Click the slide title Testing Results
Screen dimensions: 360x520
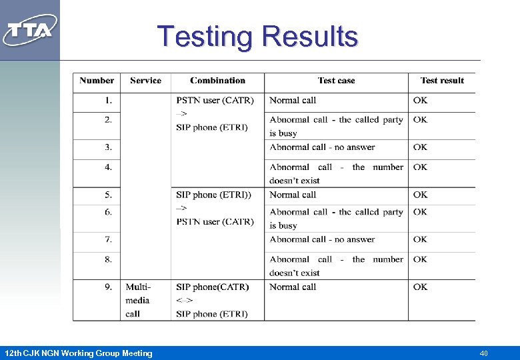[257, 36]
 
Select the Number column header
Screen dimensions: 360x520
[97, 81]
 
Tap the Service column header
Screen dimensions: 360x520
[145, 81]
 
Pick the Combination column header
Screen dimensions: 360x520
[217, 81]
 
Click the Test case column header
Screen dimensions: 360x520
[336, 81]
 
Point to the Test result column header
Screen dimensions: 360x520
[442, 81]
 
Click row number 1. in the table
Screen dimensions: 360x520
[109, 101]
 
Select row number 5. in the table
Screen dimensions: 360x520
[108, 195]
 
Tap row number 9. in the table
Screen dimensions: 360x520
[108, 287]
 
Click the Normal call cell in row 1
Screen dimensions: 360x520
[293, 101]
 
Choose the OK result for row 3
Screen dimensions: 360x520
[420, 147]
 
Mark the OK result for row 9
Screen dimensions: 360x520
[420, 287]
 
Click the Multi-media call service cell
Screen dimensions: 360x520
[138, 300]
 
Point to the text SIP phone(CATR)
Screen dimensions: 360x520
[212, 287]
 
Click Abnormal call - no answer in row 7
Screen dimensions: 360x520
[322, 239]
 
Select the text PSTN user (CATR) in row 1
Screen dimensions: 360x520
[215, 101]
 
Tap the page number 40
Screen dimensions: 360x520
[483, 353]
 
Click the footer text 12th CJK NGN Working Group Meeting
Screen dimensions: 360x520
[78, 353]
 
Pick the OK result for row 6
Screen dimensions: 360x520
[420, 212]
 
